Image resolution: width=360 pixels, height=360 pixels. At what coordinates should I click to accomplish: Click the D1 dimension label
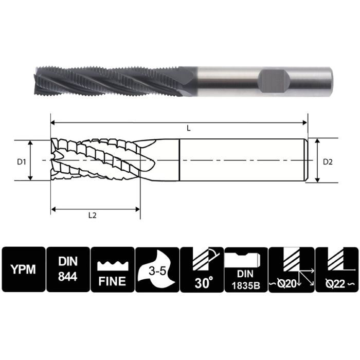(21, 162)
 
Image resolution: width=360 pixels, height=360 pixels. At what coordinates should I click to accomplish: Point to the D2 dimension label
(328, 162)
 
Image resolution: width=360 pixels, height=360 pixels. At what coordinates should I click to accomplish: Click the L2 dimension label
(93, 215)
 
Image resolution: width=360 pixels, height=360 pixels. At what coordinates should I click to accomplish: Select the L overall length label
(189, 129)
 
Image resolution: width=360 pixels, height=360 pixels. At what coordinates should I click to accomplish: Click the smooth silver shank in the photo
(226, 78)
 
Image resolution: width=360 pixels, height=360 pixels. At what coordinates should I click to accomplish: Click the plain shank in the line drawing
(242, 160)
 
